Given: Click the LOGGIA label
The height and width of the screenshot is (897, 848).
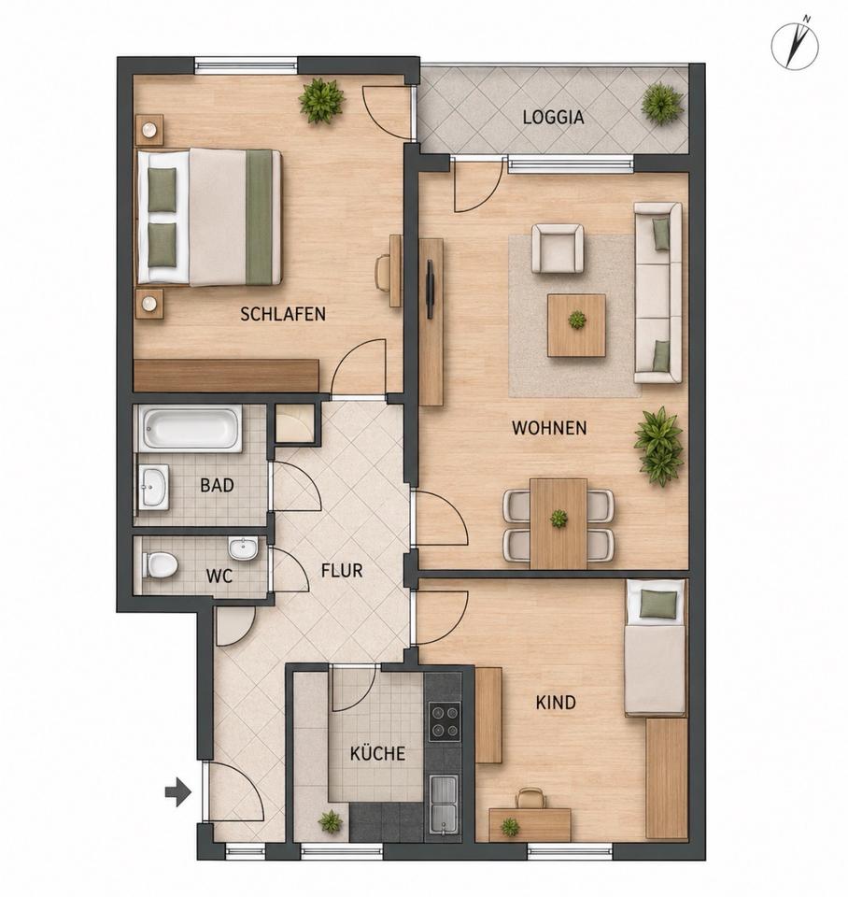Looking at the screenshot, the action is coord(553,118).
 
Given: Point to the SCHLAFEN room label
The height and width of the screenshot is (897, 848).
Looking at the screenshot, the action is coord(283,314).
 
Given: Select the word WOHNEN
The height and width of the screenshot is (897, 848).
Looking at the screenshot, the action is coord(549,428).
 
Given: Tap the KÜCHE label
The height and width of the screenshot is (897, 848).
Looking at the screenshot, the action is coord(377,753).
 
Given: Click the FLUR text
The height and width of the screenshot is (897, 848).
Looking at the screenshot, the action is coord(342,570).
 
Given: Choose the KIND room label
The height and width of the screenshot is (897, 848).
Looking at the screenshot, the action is coord(556,703).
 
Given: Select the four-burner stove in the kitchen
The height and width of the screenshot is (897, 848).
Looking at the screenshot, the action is coord(445,721).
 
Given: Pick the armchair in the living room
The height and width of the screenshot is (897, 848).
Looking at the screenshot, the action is coord(558,249).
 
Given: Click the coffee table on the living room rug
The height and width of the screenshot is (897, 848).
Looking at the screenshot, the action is coord(576,325).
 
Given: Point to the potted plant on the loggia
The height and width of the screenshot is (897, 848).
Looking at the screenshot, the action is coord(662,104).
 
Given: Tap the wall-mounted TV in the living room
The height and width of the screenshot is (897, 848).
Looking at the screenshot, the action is coord(430,289).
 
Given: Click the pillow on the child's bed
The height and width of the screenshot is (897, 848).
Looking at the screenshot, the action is coord(657,605).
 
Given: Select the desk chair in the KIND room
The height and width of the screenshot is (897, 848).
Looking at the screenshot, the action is coord(530,798).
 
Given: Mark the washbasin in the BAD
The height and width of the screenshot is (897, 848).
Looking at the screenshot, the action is coord(154,487).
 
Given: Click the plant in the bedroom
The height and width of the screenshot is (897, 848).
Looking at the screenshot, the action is coord(321,101).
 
